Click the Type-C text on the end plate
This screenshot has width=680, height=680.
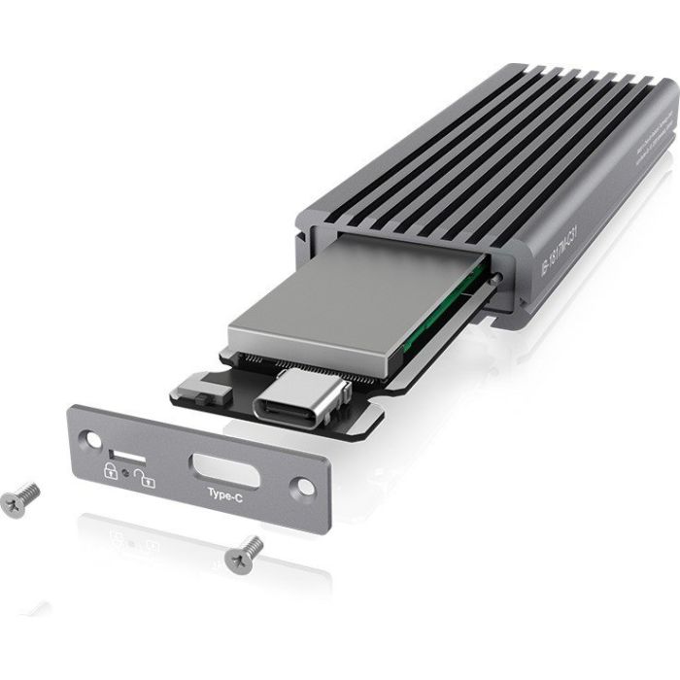pyautogui.click(x=224, y=493)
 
